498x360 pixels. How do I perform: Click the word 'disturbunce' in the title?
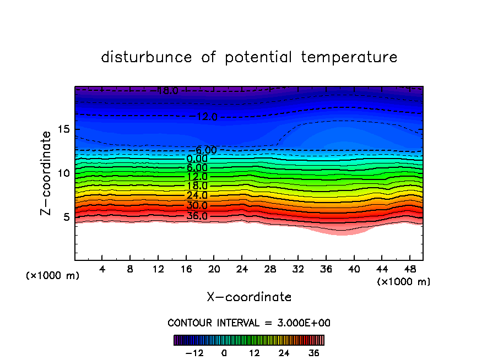click(x=147, y=57)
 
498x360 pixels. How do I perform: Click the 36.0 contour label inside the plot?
click(x=197, y=216)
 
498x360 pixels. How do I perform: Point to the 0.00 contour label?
click(x=197, y=159)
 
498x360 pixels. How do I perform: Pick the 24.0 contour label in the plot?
click(x=197, y=195)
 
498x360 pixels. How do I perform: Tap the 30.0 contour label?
click(x=197, y=205)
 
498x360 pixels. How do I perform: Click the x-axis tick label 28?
click(x=270, y=269)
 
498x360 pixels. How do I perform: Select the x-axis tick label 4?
click(x=102, y=269)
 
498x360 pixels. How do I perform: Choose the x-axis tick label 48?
click(x=409, y=269)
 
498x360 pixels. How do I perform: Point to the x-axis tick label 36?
click(x=326, y=269)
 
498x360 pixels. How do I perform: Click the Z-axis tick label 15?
click(x=64, y=129)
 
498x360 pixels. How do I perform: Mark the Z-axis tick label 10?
click(x=64, y=173)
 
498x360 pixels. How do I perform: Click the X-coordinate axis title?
click(x=249, y=297)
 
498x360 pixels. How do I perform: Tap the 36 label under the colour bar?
click(x=313, y=353)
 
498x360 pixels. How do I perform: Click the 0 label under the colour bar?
click(x=224, y=353)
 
